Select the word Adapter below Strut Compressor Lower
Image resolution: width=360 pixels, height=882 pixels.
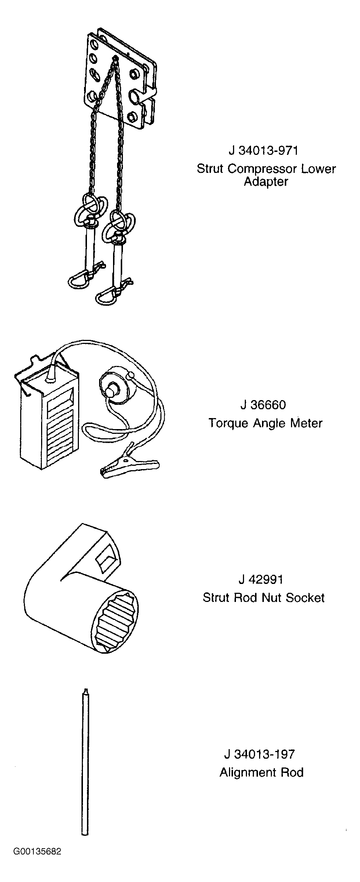pyautogui.click(x=266, y=182)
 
